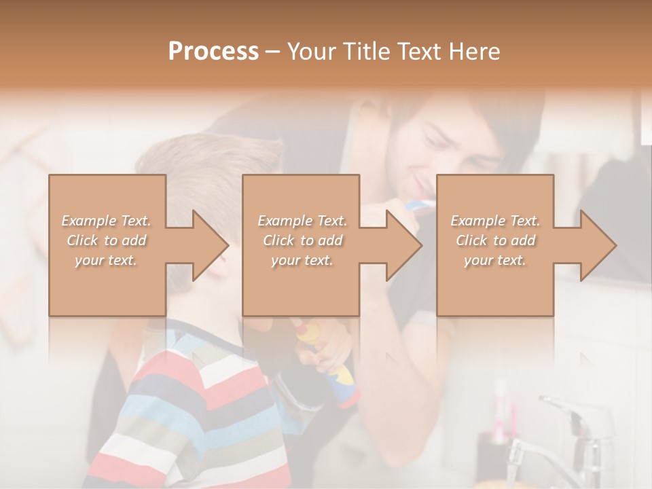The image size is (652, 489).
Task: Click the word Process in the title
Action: pyautogui.click(x=213, y=51)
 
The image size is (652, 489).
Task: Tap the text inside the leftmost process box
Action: pyautogui.click(x=106, y=240)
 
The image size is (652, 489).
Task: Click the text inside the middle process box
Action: pyautogui.click(x=302, y=240)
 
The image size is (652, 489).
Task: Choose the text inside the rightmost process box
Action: pyautogui.click(x=495, y=240)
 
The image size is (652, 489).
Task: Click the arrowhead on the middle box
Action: pyautogui.click(x=403, y=245)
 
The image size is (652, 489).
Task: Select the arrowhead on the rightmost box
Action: pyautogui.click(x=598, y=245)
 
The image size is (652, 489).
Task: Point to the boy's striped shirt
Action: pyautogui.click(x=197, y=414)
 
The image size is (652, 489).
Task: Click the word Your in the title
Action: pyautogui.click(x=312, y=51)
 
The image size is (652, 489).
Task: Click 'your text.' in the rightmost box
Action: pyautogui.click(x=495, y=260)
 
